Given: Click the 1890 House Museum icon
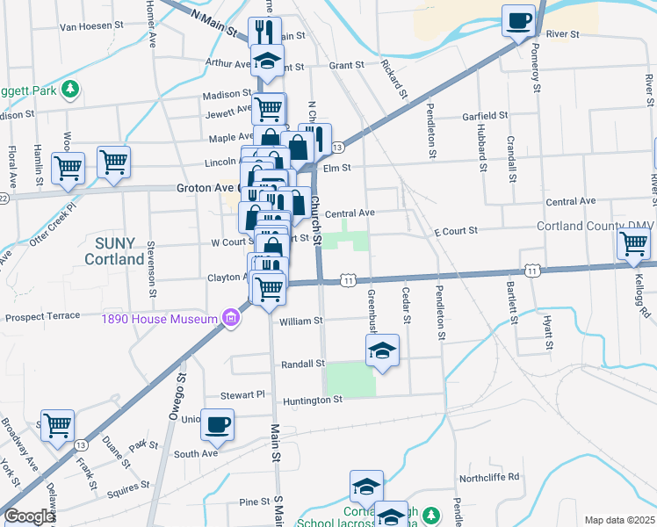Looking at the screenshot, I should [x=230, y=317].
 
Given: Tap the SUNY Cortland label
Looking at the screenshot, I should [x=114, y=250].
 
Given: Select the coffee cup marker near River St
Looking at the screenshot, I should [x=518, y=20].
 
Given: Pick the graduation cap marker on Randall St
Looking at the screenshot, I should [x=382, y=350].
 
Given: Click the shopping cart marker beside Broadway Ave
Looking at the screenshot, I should [x=57, y=425].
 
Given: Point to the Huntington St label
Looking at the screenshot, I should [x=312, y=401].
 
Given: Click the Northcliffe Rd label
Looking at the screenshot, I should [x=490, y=477].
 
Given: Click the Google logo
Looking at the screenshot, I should [x=28, y=516].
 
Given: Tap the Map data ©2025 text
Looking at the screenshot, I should [x=619, y=520].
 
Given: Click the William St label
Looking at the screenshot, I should [x=301, y=321].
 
